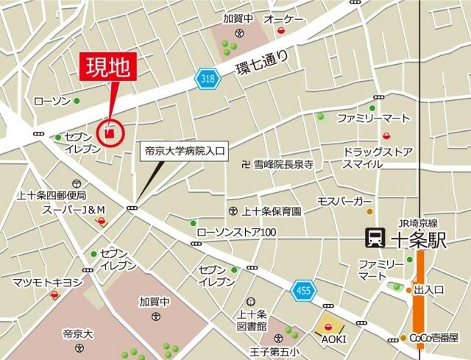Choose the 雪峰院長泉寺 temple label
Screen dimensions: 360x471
(283, 166)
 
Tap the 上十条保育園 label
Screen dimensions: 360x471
(272, 211)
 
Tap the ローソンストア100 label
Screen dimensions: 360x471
(235, 233)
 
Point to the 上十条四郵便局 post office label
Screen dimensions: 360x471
(52, 196)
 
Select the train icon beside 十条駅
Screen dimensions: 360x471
(376, 238)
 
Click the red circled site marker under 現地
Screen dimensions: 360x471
(110, 133)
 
